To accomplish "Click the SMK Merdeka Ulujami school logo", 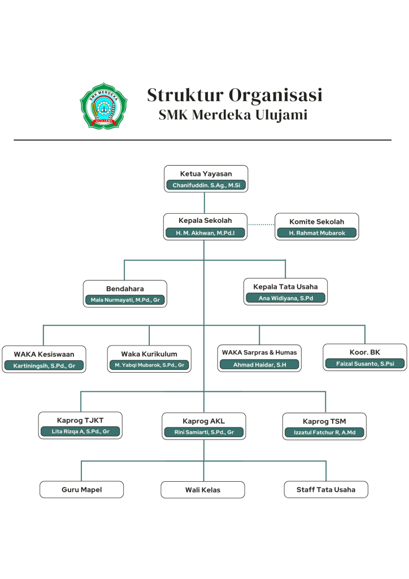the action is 103,106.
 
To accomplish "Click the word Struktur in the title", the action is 185,95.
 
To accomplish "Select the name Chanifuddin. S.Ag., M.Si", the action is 206,185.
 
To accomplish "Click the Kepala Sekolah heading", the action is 205,221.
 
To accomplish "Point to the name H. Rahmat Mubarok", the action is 317,232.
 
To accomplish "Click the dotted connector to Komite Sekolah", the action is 261,224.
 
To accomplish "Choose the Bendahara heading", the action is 125,289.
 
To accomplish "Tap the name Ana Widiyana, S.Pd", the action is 285,298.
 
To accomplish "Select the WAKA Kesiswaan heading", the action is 44,354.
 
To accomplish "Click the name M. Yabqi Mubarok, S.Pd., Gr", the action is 149,365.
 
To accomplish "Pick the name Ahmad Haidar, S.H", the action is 259,365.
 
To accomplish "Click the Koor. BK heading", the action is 365,352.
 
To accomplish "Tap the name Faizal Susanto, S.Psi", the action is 365,364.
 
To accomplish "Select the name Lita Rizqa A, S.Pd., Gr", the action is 80,431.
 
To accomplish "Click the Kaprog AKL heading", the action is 203,421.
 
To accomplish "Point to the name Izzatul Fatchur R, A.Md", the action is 324,432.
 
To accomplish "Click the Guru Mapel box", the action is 81,490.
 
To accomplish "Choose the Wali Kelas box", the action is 203,490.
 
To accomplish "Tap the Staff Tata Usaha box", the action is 326,490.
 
